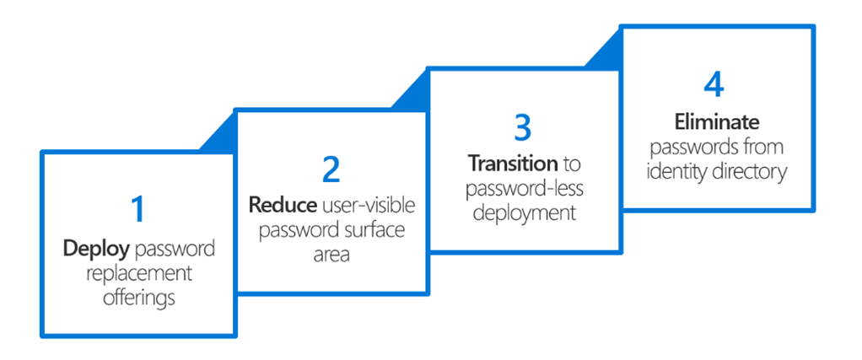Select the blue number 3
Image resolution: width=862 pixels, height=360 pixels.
(x=523, y=126)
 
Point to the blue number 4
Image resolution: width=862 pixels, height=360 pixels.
(x=714, y=86)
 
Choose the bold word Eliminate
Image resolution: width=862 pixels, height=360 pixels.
(x=717, y=122)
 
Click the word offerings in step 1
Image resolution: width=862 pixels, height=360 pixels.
(x=139, y=298)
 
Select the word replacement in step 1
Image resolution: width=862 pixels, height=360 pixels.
(x=138, y=274)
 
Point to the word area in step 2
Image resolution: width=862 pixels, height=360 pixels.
(x=331, y=255)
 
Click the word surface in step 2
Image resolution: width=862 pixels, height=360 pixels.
(x=372, y=229)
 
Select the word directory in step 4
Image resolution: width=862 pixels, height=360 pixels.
(x=752, y=172)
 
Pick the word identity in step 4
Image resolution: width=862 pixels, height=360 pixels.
(x=678, y=172)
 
